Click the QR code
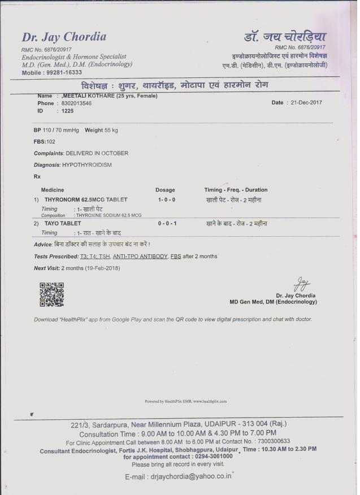[51, 294]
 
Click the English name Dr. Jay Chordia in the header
[64, 37]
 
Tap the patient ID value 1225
[67, 111]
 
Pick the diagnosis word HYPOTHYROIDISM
[87, 165]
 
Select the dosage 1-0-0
[166, 200]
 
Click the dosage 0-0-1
[167, 224]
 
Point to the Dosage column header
[165, 190]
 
